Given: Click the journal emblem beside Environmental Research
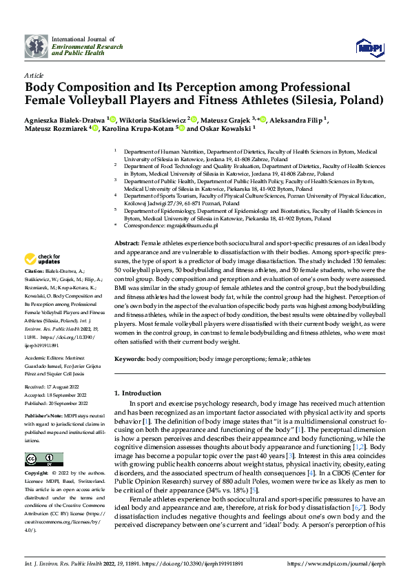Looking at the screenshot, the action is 37,45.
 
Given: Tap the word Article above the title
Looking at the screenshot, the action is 34,76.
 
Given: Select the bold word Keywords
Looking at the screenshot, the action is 129,359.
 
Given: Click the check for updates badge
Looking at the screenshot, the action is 43,260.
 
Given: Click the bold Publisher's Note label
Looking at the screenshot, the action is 44,417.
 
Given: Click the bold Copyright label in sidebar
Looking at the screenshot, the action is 38,475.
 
